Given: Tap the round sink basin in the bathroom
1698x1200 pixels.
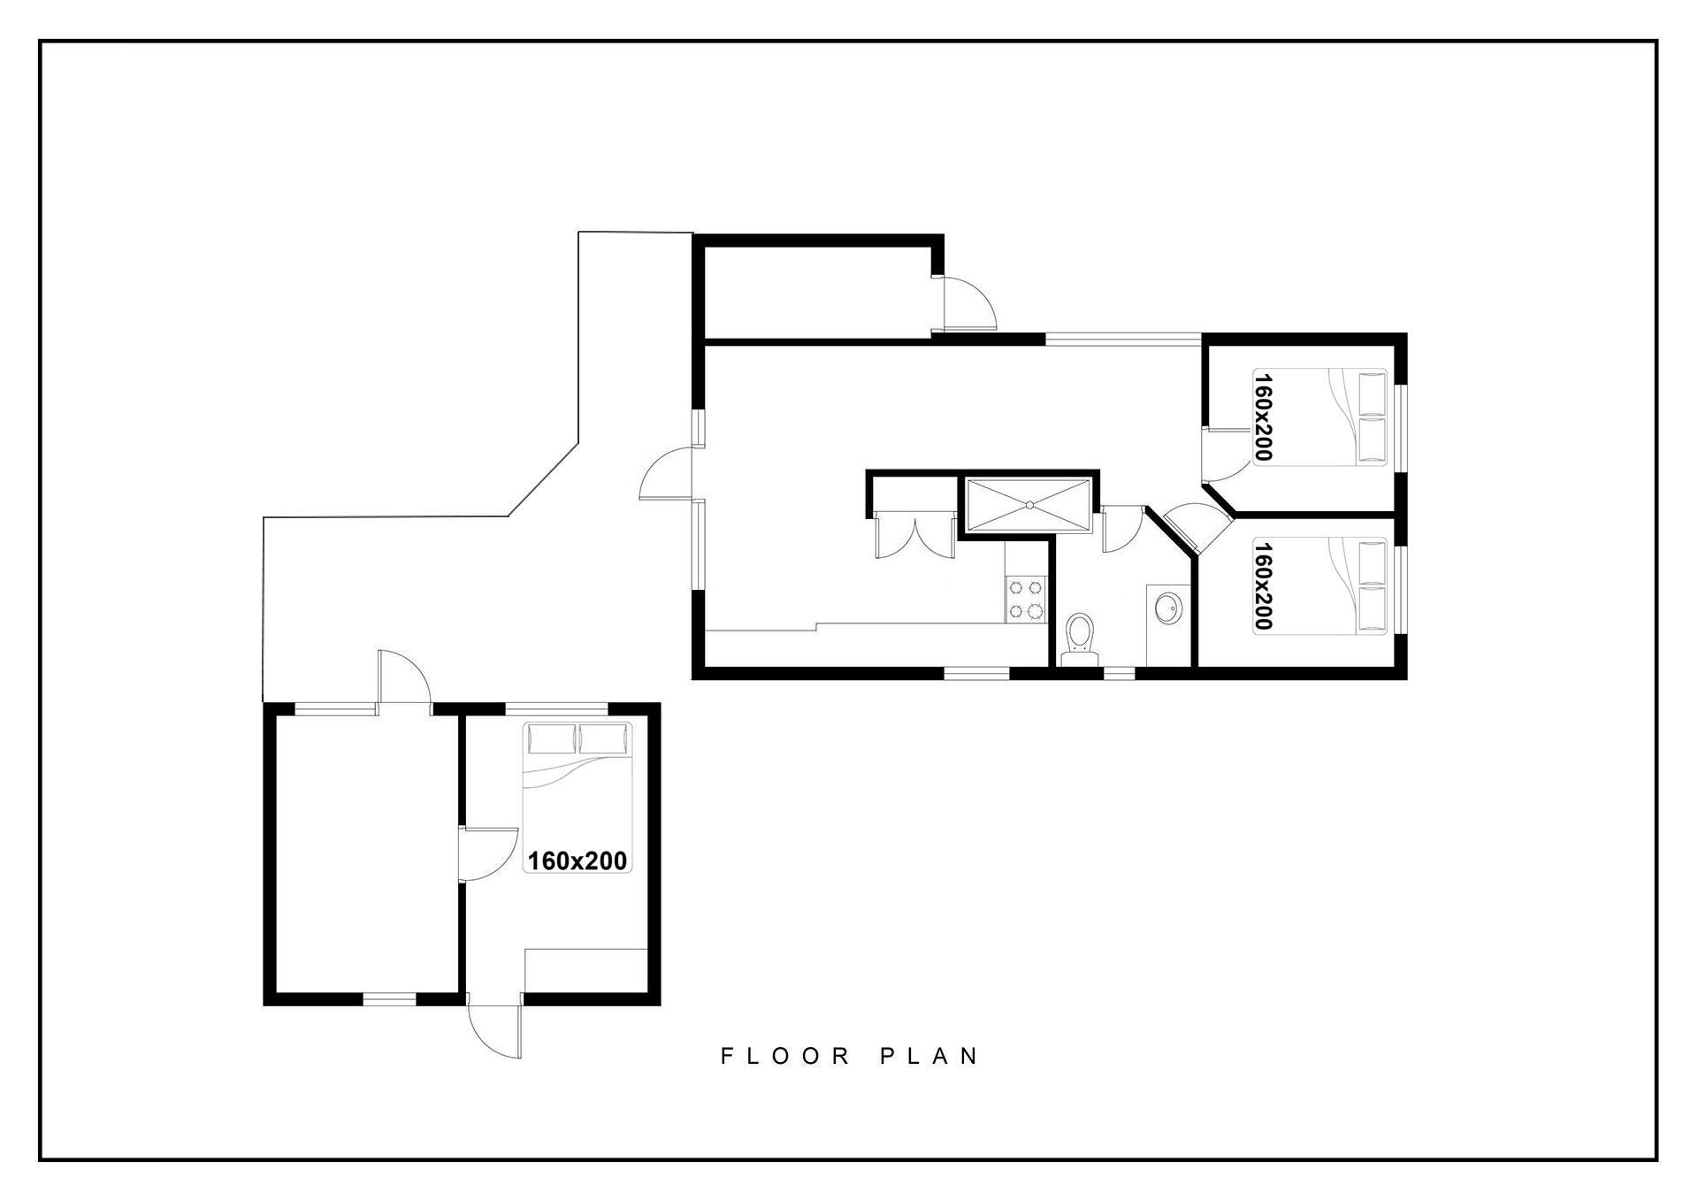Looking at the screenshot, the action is [1167, 608].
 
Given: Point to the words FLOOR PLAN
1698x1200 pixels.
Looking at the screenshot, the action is [850, 1056].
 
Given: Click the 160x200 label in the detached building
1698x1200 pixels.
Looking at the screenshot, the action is [577, 860].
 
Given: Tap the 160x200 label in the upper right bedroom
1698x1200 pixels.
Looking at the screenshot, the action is [1262, 417].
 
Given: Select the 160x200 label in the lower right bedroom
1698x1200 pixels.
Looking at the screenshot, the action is [1262, 586].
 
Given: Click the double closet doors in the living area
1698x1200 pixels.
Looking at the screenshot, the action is [915, 535].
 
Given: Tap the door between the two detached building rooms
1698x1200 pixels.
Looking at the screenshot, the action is [487, 854].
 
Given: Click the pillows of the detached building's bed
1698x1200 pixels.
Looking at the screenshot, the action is [578, 738].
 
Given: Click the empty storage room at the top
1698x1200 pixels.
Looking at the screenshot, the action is [818, 291].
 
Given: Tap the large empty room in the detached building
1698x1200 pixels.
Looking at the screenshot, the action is [366, 853].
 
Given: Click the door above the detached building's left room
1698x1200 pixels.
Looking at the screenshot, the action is [403, 679].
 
